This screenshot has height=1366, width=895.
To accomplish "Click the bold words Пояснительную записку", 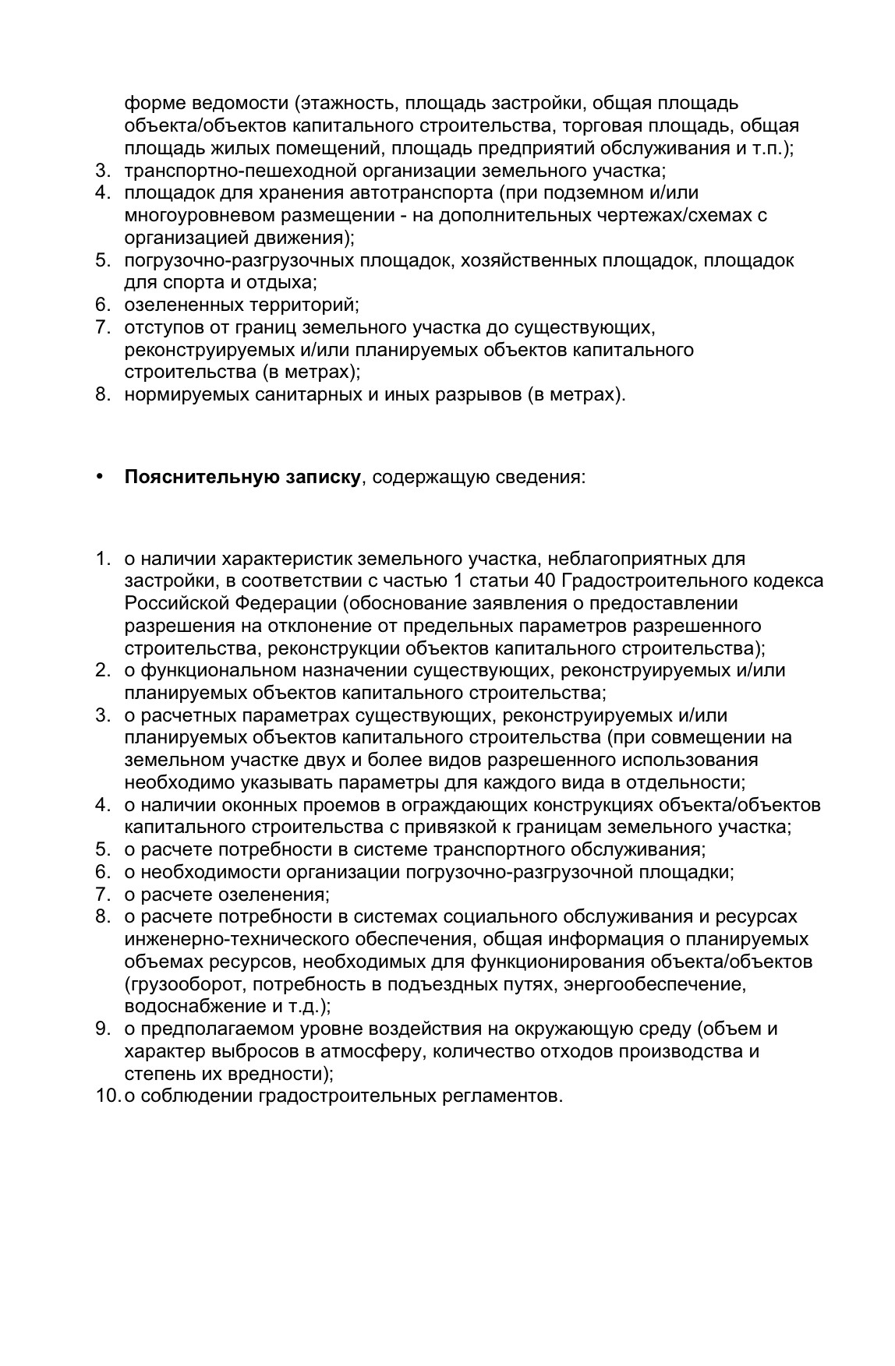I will click(242, 477).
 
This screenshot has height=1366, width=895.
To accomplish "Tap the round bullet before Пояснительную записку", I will click(99, 476).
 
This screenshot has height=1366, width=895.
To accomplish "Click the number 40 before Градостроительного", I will click(546, 581).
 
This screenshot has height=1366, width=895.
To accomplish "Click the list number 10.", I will click(105, 1096).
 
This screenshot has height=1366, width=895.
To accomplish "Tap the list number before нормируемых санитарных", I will click(101, 394).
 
